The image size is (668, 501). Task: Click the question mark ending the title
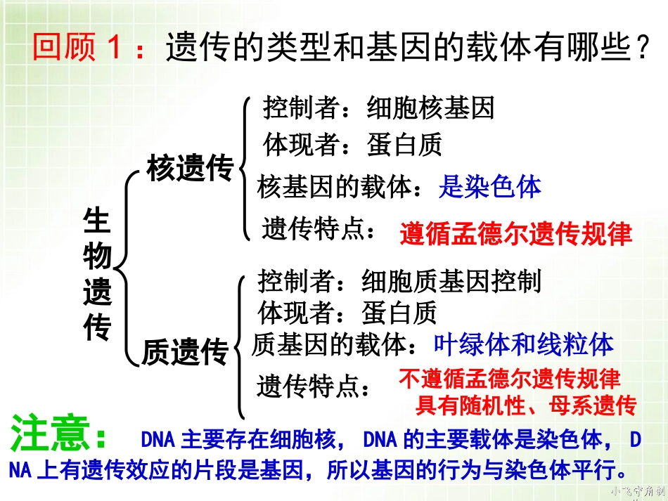tap(641, 48)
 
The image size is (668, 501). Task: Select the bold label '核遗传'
tap(190, 169)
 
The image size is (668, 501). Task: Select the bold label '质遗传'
tap(186, 352)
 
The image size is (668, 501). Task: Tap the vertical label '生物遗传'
tap(97, 274)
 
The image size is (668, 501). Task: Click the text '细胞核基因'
tap(431, 108)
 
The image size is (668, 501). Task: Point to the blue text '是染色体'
tap(489, 186)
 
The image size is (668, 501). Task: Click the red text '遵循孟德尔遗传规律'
tap(516, 233)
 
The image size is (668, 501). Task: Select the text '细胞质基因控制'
tap(451, 281)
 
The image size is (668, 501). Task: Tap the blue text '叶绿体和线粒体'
tap(523, 344)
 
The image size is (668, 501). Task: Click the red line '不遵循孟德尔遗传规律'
tap(510, 379)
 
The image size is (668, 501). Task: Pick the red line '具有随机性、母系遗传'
tap(525, 405)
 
